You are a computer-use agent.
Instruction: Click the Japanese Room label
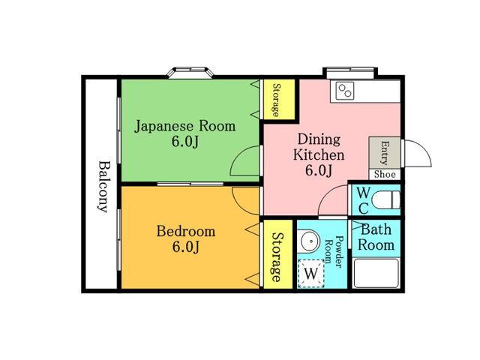click(x=185, y=126)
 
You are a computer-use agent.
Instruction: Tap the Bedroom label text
click(x=186, y=231)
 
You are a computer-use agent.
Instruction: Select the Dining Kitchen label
click(x=319, y=147)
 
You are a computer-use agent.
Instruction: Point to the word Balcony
click(x=103, y=186)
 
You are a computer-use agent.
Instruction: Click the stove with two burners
click(x=345, y=91)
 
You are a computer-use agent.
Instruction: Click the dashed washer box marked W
click(x=311, y=273)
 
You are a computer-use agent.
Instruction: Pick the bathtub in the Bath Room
click(x=376, y=273)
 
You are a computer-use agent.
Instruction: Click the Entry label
click(x=385, y=153)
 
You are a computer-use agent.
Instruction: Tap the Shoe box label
click(x=385, y=175)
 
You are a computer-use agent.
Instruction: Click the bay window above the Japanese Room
click(x=190, y=73)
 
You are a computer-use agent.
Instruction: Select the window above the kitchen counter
click(x=350, y=72)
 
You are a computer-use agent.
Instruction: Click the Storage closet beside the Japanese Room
click(x=279, y=100)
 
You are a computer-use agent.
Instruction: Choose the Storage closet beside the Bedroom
click(x=278, y=254)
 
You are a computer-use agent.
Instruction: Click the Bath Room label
click(x=376, y=237)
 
